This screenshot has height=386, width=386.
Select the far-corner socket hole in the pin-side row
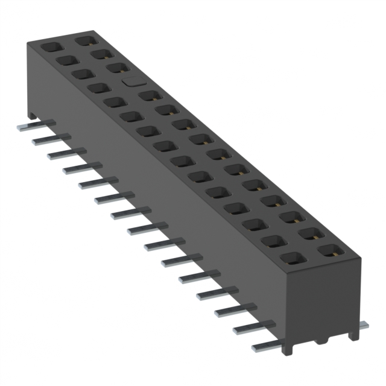[49, 46]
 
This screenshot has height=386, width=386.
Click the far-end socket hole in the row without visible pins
[84, 40]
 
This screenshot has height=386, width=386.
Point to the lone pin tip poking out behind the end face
[362, 325]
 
